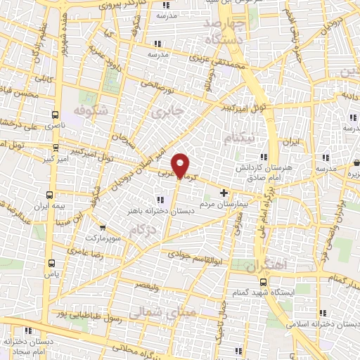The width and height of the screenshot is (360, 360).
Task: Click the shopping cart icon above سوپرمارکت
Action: (103, 227)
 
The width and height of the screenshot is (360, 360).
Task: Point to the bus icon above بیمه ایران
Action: (49, 194)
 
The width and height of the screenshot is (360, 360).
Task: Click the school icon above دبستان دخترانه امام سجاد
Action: (29, 330)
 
